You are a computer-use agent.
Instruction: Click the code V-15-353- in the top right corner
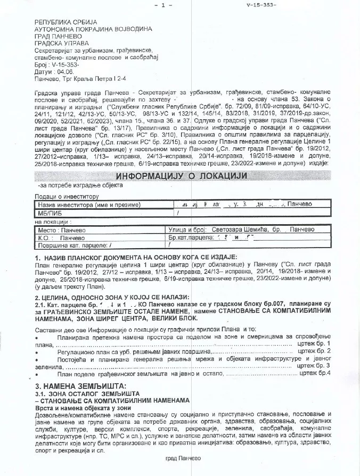pos(261,5)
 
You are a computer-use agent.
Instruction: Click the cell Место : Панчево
pos(58,229)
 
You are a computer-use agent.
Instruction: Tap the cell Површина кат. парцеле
pos(75,245)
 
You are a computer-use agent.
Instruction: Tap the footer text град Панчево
pos(179,458)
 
